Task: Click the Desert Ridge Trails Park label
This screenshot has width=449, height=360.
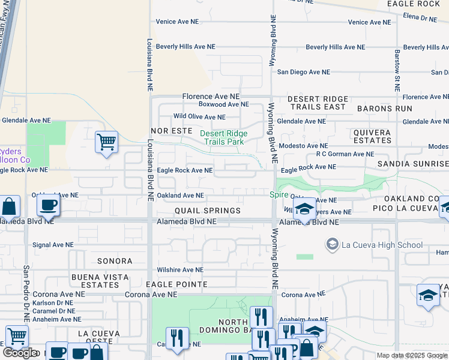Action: (x=223, y=137)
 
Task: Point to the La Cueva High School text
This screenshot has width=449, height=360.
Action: (x=382, y=245)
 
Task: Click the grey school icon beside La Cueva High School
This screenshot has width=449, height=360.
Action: (x=332, y=244)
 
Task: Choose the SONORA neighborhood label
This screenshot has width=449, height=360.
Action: (x=114, y=262)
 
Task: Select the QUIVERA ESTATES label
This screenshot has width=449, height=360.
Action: (x=372, y=136)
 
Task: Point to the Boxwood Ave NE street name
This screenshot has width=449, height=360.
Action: (x=223, y=104)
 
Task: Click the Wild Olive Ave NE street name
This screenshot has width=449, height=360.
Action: (x=199, y=117)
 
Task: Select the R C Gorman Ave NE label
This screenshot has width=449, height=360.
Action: (x=345, y=154)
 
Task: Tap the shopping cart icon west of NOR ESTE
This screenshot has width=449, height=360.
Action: (x=106, y=143)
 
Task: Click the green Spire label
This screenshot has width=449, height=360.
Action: (x=278, y=195)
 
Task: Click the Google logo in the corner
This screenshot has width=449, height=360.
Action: (x=19, y=353)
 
